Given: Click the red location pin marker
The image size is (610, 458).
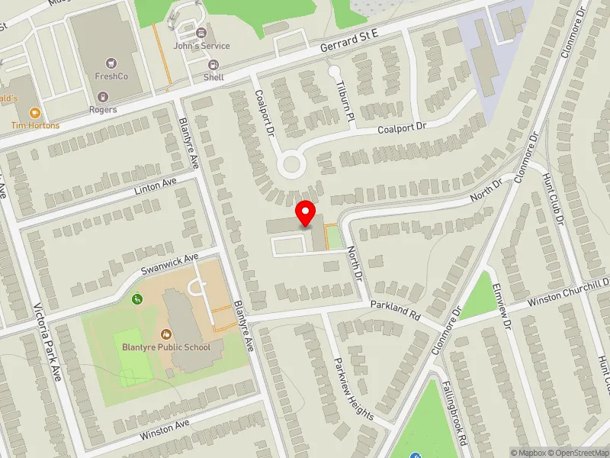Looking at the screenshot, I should [x=306, y=214].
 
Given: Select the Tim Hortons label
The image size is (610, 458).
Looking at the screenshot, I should [x=34, y=125].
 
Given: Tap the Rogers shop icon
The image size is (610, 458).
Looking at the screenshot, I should [x=102, y=97].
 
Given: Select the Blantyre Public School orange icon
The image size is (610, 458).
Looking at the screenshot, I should [x=166, y=334].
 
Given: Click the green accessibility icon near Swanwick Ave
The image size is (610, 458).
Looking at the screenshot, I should [x=137, y=298].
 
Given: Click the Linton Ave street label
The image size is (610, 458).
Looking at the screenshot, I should [x=155, y=187].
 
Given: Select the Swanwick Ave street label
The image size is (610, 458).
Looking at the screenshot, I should [x=169, y=265].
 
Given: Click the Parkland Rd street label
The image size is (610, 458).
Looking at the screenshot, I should [x=396, y=309].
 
